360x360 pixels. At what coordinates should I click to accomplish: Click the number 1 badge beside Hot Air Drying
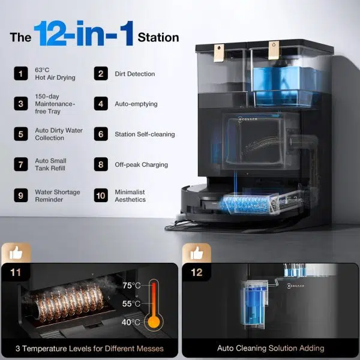21,73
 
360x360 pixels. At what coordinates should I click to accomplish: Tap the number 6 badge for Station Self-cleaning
101,134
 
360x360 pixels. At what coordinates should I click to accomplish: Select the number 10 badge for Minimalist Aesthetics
101,196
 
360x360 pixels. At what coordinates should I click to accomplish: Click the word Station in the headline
158,37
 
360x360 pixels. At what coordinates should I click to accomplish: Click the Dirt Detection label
135,74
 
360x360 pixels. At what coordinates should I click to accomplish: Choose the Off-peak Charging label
141,164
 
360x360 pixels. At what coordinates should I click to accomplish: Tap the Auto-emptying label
136,104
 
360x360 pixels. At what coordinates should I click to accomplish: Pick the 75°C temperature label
131,286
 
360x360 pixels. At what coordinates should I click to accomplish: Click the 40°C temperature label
131,322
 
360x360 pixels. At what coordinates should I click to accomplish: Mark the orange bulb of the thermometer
154,322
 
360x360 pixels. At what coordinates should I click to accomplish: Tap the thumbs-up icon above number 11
16,253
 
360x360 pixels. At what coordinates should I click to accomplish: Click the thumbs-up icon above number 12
197,253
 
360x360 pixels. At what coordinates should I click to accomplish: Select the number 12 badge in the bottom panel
197,272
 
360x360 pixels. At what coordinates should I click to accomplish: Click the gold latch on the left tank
219,53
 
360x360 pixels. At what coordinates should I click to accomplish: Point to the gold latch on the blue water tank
274,50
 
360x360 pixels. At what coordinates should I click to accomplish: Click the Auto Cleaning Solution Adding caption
271,348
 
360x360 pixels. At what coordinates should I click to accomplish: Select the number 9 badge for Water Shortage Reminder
21,196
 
